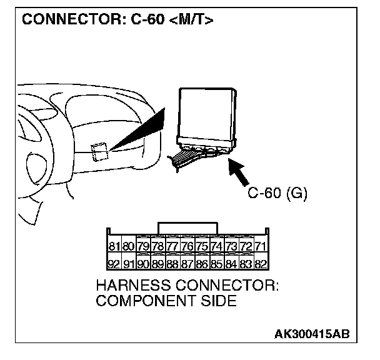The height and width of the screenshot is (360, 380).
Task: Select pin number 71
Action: pyautogui.click(x=261, y=246)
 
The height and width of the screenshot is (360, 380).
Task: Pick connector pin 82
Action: pyautogui.click(x=261, y=263)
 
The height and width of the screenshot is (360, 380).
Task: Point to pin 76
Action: pyautogui.click(x=187, y=246)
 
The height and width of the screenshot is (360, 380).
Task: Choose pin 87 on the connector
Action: pyautogui.click(x=187, y=263)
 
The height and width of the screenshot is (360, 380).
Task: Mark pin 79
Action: pyautogui.click(x=144, y=246)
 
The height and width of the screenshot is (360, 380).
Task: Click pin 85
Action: pyautogui.click(x=217, y=263)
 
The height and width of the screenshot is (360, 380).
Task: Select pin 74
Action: pyautogui.click(x=217, y=246)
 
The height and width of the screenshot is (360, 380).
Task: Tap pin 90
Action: pyautogui.click(x=144, y=263)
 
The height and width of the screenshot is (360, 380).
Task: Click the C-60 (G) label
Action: pyautogui.click(x=277, y=194)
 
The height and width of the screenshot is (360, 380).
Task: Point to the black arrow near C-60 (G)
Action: pyautogui.click(x=241, y=172)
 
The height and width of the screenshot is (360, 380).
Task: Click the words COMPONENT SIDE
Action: pyautogui.click(x=167, y=301)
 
